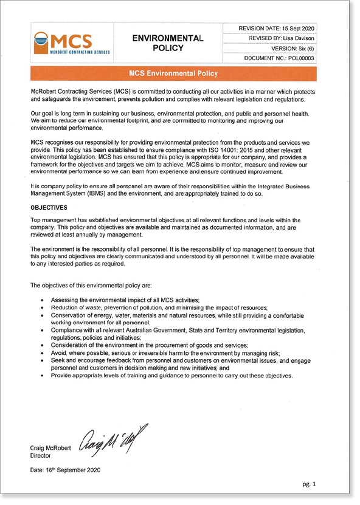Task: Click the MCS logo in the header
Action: point(72,43)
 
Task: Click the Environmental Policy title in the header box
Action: point(168,43)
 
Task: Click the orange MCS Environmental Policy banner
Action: point(173,74)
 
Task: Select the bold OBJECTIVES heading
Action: point(48,208)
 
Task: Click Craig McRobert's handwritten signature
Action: point(113,439)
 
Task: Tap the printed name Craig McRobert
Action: point(50,448)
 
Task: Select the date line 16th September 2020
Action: point(65,470)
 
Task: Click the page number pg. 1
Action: point(310,484)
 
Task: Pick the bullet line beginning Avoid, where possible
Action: point(165,352)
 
